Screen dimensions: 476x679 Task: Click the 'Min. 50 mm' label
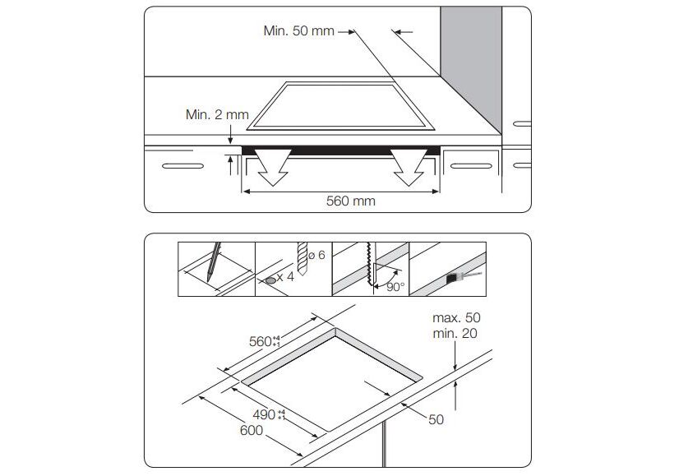click(x=299, y=31)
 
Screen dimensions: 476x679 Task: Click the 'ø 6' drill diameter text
click(x=318, y=255)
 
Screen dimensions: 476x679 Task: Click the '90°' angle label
click(x=395, y=287)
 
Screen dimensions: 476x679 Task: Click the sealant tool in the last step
click(x=460, y=277)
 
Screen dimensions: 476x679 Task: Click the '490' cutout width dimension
click(x=264, y=414)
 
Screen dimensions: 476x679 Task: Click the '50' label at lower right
click(x=436, y=419)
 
